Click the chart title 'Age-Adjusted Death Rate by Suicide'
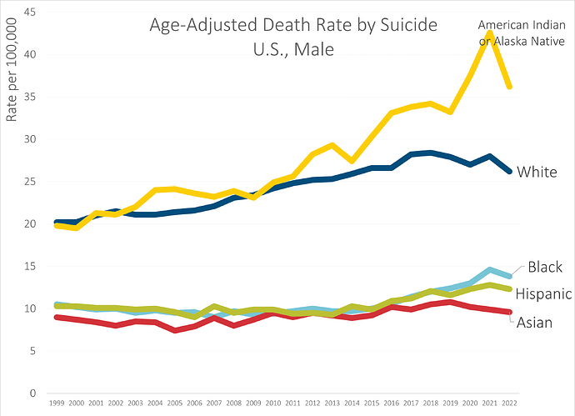point(293,26)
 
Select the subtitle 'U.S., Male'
point(293,49)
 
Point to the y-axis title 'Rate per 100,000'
point(12,70)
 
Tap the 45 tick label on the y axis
point(30,13)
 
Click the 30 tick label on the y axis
point(30,139)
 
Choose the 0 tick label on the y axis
point(33,393)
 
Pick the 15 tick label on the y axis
point(30,266)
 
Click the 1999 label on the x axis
point(57,403)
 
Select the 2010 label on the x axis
point(273,403)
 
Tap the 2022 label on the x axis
point(509,403)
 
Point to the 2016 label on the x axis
point(392,403)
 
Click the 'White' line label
point(537,172)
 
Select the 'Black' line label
point(545,267)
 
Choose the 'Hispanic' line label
point(543,293)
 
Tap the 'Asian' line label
point(534,323)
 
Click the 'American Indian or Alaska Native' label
point(522,33)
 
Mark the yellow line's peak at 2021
point(489,33)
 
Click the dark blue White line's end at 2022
point(509,171)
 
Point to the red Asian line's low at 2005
point(175,330)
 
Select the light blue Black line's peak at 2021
point(489,270)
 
